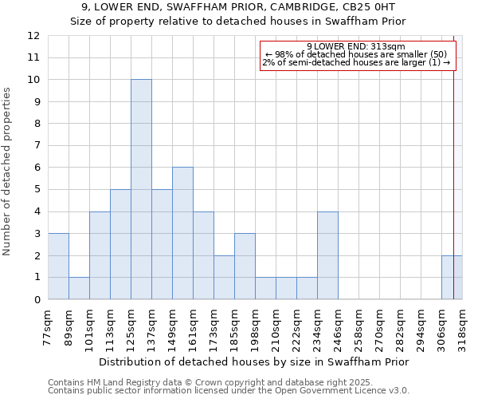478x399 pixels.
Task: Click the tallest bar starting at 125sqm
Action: [x=141, y=189]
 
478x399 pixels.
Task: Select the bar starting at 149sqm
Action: [x=182, y=233]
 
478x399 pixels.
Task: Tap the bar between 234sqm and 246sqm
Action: [x=327, y=255]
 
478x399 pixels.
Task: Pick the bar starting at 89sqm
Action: [x=79, y=288]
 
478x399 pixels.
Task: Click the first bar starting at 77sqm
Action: [x=58, y=267]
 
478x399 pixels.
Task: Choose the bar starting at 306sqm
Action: [x=452, y=277]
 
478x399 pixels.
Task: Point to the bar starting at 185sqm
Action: [x=245, y=267]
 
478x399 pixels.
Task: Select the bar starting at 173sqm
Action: [x=224, y=277]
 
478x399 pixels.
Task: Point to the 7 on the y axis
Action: [x=37, y=145]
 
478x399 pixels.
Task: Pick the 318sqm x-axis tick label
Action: [x=461, y=326]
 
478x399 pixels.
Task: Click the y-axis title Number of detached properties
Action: [x=8, y=172]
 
